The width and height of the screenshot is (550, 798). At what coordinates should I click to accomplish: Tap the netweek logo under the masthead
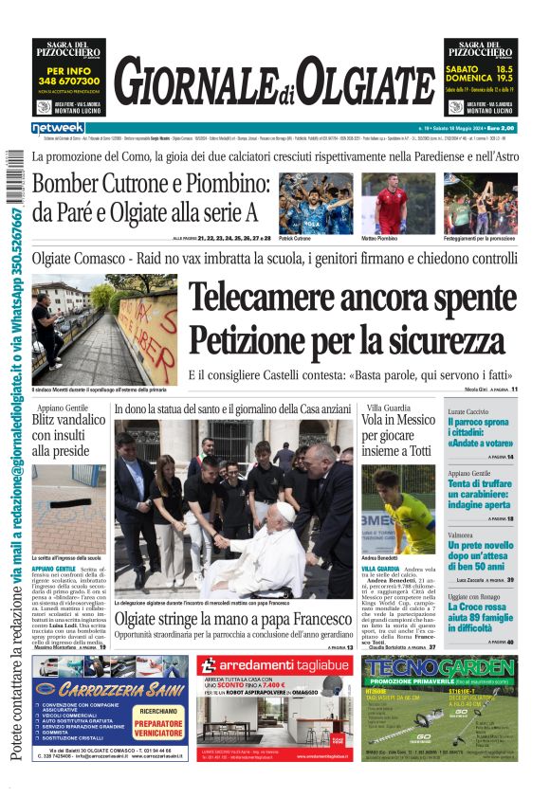58,128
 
